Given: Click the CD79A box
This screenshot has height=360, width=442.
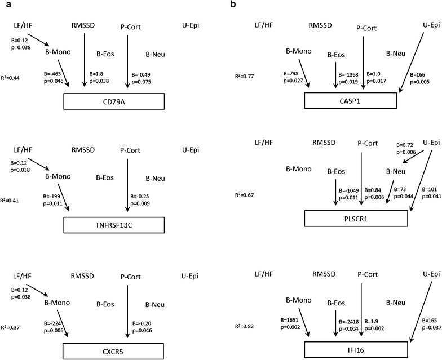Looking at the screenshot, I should tap(113, 101).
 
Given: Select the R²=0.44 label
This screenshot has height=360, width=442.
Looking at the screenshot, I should tap(12, 77).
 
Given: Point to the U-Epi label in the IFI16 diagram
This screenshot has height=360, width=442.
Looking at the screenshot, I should tap(430, 274).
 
